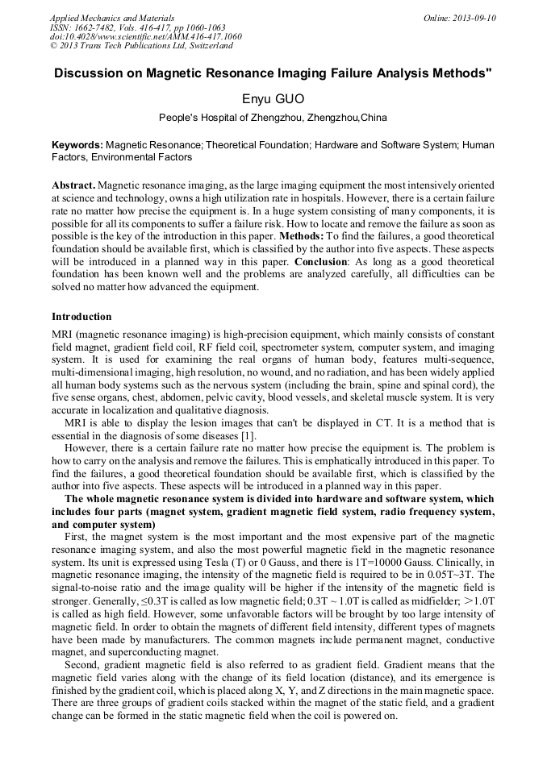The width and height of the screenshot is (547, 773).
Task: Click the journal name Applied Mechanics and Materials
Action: pos(112,17)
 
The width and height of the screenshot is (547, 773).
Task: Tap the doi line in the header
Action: pos(145,36)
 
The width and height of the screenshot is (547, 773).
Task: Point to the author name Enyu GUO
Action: pos(273,98)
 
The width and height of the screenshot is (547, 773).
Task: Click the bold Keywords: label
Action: pos(77,145)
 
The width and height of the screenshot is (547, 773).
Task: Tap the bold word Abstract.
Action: pos(73,185)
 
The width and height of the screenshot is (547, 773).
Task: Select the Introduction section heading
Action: pos(81,317)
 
